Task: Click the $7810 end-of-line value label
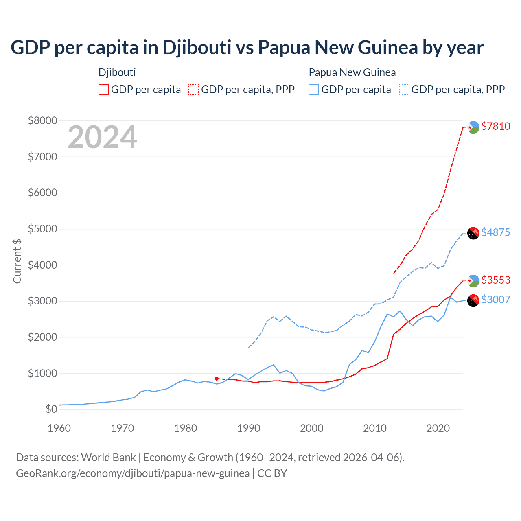(x=495, y=126)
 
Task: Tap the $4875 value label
(x=495, y=232)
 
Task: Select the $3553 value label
(x=495, y=280)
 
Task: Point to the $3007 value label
(x=495, y=300)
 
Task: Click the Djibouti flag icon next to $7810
(x=473, y=127)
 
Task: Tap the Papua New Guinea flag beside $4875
(x=473, y=233)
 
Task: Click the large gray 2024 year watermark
(x=103, y=137)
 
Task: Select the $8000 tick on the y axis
(x=42, y=120)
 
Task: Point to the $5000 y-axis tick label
(x=42, y=229)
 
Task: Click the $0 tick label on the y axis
(x=51, y=409)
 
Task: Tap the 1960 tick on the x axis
(x=59, y=428)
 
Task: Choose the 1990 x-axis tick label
(x=249, y=428)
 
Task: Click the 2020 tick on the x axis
(x=438, y=428)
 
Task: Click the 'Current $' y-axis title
(x=17, y=261)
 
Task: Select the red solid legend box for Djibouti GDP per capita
(x=104, y=90)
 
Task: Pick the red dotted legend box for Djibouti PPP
(x=194, y=90)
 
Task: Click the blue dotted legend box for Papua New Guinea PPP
(x=404, y=90)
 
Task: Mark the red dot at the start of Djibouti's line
(x=217, y=379)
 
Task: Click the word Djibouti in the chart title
(x=197, y=47)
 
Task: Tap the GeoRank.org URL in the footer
(x=133, y=473)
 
